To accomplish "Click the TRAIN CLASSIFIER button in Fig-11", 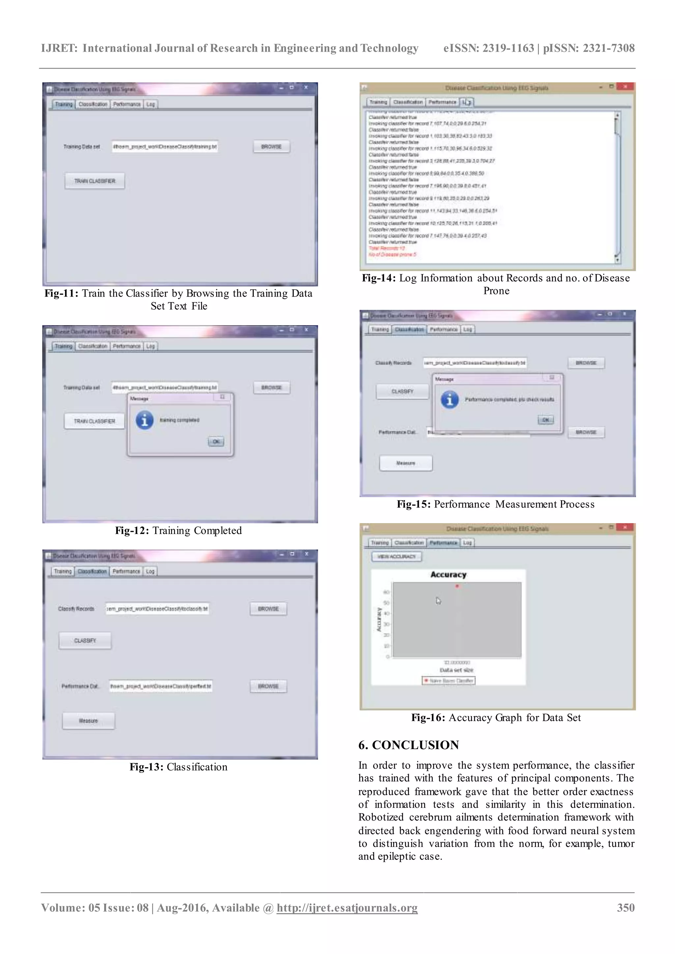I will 95,181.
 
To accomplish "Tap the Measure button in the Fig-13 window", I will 89,721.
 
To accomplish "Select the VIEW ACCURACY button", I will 396,556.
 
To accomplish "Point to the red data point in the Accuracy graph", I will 457,586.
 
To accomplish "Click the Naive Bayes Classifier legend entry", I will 449,681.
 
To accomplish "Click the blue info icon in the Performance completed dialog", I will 450,400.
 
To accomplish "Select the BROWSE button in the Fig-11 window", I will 271,147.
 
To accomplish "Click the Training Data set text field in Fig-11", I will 165,147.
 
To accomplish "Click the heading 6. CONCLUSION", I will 409,745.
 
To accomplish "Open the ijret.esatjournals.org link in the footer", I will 347,908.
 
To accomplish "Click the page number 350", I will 626,908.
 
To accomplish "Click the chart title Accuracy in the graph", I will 449,575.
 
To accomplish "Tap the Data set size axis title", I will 456,670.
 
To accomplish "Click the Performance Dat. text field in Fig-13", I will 161,686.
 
